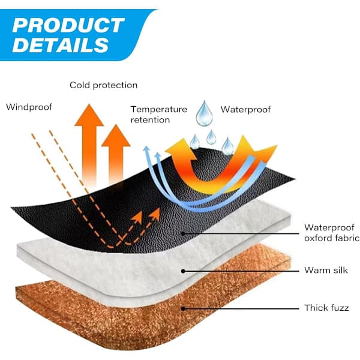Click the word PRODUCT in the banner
(x=68, y=25)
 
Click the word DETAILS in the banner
(x=61, y=44)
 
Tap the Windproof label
(x=29, y=107)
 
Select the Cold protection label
(x=104, y=85)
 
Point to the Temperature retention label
(x=159, y=115)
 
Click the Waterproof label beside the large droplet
(x=245, y=109)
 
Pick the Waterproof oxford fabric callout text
(x=332, y=233)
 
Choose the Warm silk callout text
(x=326, y=270)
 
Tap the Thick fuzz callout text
(x=326, y=308)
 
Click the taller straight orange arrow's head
(x=89, y=115)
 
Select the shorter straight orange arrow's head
(x=116, y=136)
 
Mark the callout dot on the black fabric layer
(x=183, y=233)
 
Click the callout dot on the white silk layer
(x=183, y=271)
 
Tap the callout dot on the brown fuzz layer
(x=183, y=308)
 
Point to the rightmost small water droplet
(x=227, y=146)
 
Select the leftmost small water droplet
(x=194, y=142)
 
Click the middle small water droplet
(x=211, y=137)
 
